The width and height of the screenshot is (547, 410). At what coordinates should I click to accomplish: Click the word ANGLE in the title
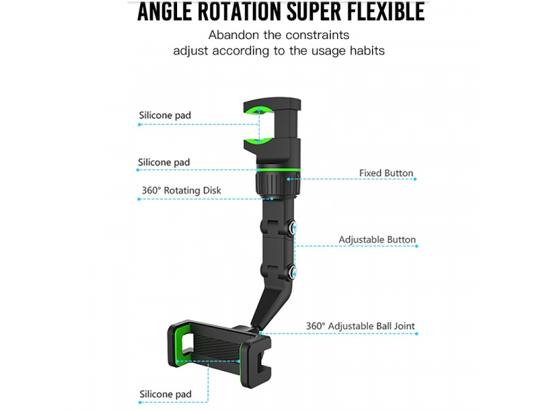click(x=164, y=12)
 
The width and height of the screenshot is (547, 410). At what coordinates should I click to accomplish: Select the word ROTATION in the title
click(x=239, y=12)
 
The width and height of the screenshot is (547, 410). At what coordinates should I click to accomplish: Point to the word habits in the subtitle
click(x=367, y=51)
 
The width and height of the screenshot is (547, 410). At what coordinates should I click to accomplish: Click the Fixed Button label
click(x=386, y=173)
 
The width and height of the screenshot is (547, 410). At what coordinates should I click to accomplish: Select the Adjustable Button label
click(x=377, y=240)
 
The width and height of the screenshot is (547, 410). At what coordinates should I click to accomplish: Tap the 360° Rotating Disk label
click(x=181, y=191)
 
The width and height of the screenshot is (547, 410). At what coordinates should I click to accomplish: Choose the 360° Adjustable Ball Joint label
click(x=360, y=326)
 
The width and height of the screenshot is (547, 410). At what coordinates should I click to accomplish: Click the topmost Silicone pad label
click(x=165, y=115)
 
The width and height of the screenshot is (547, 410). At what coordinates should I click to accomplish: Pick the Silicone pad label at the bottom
click(x=165, y=394)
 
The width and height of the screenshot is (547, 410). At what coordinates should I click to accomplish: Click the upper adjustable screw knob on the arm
click(x=292, y=228)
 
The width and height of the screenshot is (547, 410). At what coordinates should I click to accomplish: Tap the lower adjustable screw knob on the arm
click(x=292, y=272)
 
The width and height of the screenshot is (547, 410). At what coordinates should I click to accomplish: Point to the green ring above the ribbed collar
click(x=278, y=169)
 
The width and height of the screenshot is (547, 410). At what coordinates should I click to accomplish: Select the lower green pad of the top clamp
click(x=258, y=141)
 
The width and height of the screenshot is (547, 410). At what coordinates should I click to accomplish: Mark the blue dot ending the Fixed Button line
click(x=415, y=179)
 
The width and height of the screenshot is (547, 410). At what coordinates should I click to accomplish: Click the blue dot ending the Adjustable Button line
click(x=416, y=246)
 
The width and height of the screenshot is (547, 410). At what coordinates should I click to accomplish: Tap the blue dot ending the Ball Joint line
click(x=416, y=333)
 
